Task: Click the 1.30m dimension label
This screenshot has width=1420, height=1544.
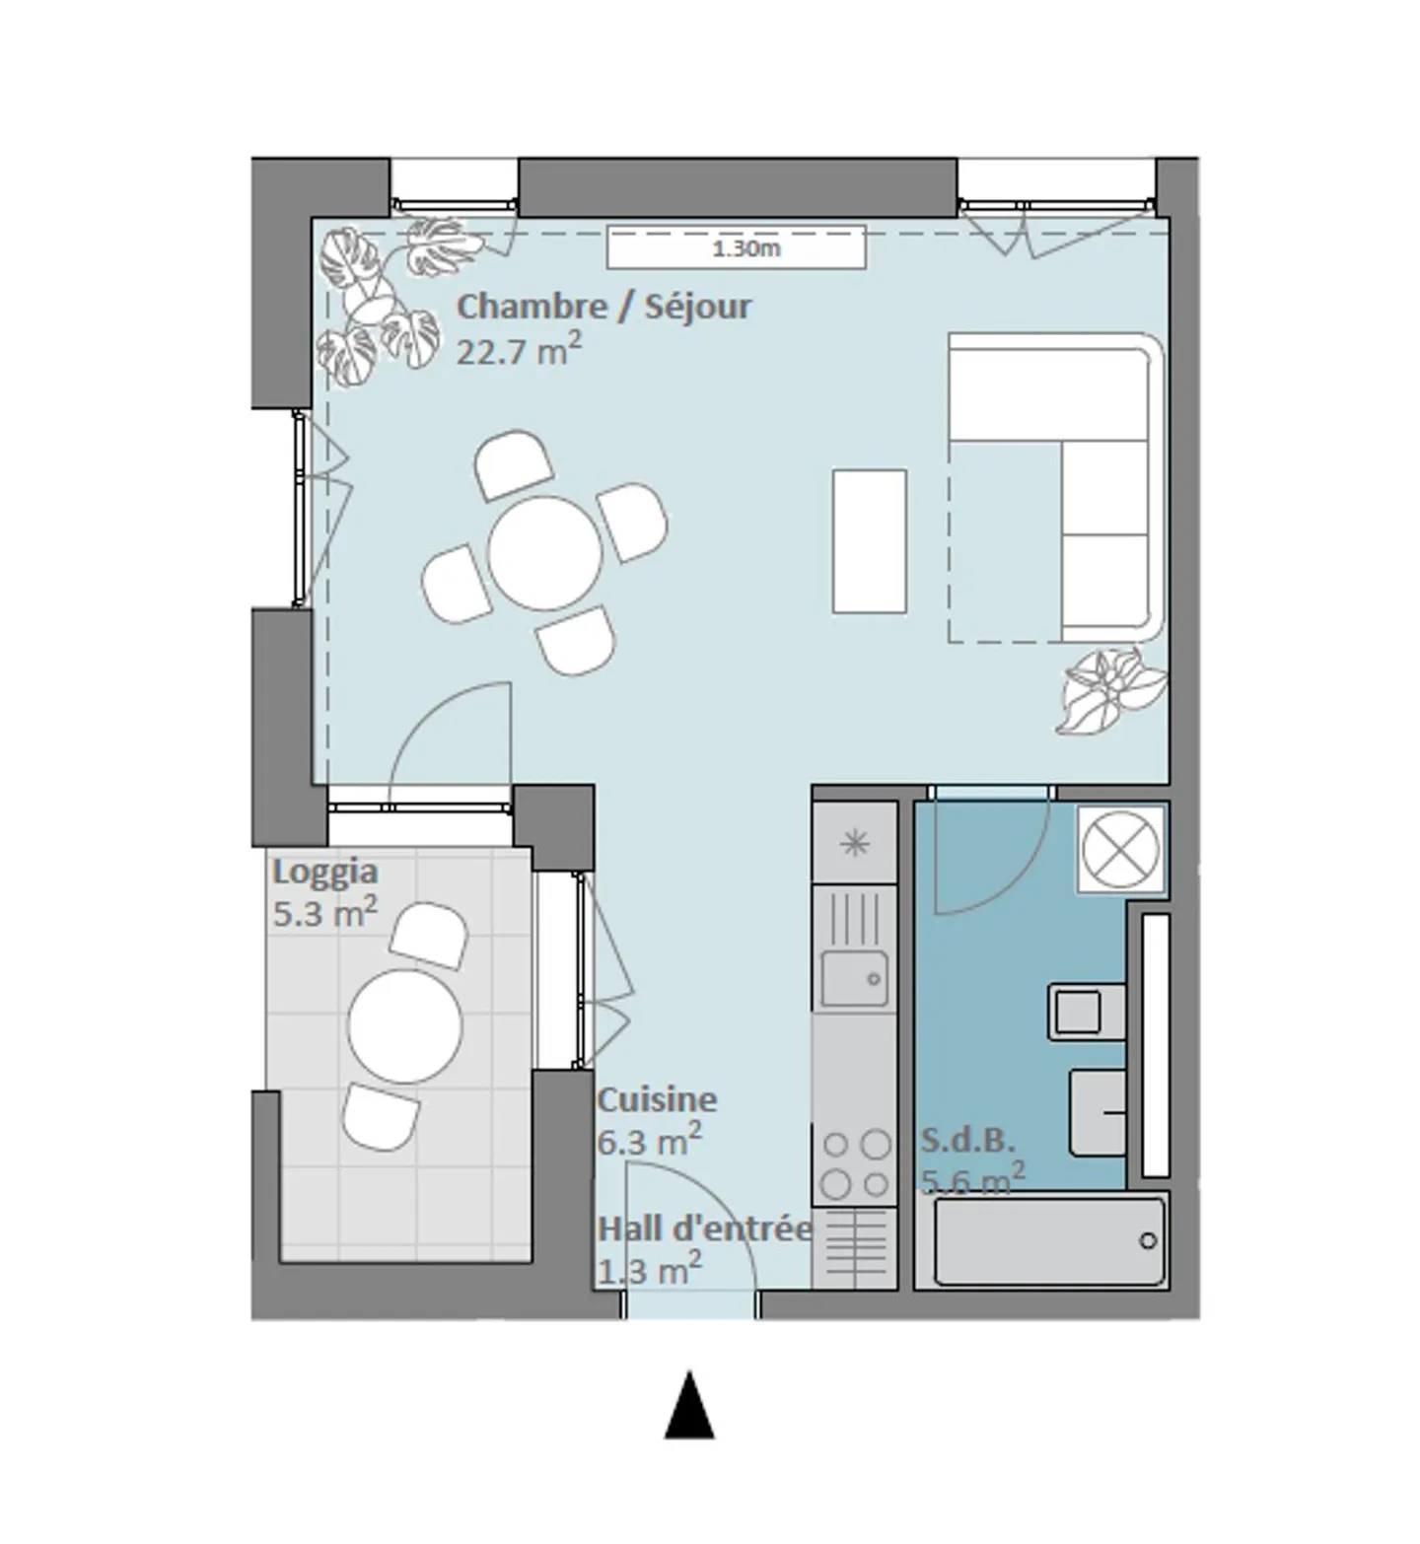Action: pos(746,248)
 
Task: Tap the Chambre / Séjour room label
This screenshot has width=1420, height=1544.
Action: pos(603,307)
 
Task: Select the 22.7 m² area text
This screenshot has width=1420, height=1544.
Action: pos(519,350)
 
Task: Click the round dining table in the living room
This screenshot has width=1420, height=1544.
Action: pos(545,554)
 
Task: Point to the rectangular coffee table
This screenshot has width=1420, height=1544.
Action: pos(869,541)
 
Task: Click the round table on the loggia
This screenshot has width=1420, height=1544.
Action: pos(405,1025)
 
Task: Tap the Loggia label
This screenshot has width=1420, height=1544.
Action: pos(324,873)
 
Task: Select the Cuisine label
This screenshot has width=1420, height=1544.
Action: pos(657,1099)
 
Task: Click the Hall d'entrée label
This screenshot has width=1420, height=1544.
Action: pos(705,1229)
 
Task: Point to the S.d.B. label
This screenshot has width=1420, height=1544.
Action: pos(967,1141)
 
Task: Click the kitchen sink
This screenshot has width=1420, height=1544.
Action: pos(854,978)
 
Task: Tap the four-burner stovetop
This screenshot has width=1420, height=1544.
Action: pos(855,1163)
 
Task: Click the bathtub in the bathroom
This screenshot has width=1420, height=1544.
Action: pos(1049,1241)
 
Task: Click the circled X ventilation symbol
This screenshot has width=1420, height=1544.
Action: pos(1121,850)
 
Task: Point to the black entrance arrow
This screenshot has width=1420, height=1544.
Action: pos(689,1404)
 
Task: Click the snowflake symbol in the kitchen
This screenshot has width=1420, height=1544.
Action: pos(854,843)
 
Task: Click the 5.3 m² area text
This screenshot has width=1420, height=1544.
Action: pos(324,912)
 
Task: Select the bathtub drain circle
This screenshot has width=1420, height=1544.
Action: pos(1148,1240)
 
